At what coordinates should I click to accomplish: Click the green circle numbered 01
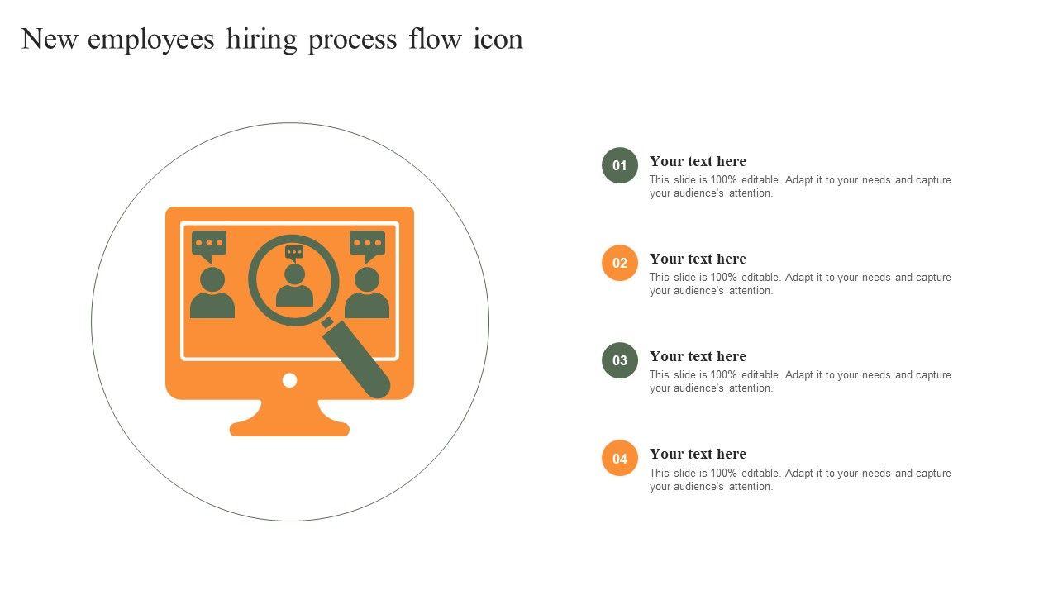pos(620,165)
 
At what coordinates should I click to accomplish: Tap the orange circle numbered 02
pos(620,263)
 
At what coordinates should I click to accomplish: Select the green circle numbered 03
pos(620,360)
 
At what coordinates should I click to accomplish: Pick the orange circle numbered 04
pos(620,458)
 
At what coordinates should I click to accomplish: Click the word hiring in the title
pos(262,40)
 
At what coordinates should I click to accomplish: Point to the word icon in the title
pos(498,39)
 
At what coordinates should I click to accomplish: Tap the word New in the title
pos(50,39)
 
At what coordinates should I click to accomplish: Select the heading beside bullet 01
pos(698,161)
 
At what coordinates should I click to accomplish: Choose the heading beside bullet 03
pos(698,356)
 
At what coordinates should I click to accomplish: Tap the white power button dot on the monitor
pos(289,380)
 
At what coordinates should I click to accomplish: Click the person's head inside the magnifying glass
pos(295,274)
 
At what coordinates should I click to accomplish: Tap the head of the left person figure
pos(212,280)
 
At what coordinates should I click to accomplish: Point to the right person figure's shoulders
pos(367,306)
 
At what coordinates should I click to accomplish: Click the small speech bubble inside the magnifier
pos(294,253)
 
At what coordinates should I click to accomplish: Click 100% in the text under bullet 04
pos(723,474)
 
